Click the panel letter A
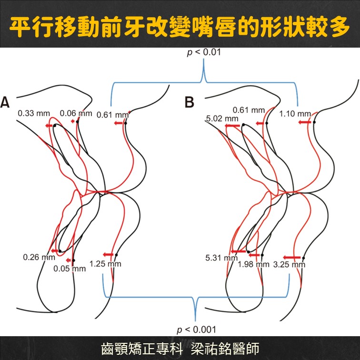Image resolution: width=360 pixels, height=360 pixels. pos(5,102)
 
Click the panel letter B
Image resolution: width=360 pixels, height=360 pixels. pos(190,102)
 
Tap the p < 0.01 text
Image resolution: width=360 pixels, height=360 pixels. pos(204,52)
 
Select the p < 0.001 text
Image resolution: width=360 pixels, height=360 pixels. pos(197,330)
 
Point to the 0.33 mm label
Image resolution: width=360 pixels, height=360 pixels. pos(34,113)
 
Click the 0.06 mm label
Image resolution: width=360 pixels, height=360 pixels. pos(76,113)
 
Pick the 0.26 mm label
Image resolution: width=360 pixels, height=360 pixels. pos(39,257)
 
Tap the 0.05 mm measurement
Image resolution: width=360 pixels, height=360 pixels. pos(70,269)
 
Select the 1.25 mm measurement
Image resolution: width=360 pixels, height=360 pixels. pos(105,264)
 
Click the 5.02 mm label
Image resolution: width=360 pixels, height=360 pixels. pos(222,119)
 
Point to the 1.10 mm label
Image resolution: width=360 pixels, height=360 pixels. pos(295,114)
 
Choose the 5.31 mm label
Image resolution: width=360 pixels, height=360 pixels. pos(221,258)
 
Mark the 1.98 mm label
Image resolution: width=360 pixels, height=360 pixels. pos(253,264)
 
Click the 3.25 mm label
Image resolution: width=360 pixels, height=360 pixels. pos(290,265)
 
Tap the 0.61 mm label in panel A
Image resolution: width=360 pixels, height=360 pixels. pos(113,115)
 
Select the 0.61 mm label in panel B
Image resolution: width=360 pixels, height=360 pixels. pos(249,110)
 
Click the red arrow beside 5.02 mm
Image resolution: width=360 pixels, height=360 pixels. pos(232,126)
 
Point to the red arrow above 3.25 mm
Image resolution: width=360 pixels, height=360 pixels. pos(292,258)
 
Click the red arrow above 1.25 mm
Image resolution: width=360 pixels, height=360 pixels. pos(108,255)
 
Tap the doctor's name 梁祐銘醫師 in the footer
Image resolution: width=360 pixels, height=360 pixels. pos(225,349)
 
